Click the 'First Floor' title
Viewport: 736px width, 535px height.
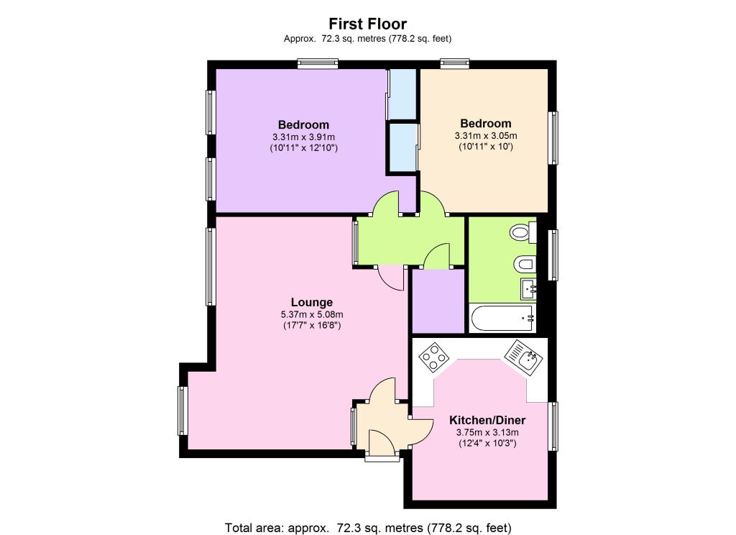point(368,24)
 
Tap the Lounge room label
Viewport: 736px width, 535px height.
point(311,302)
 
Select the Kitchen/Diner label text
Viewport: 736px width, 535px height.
point(487,420)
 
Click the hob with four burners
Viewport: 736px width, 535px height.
point(434,356)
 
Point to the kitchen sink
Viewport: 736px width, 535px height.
point(522,357)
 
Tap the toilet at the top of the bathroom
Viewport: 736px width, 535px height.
point(523,233)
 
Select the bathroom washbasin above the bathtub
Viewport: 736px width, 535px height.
point(528,291)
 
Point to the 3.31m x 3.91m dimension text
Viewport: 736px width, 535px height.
point(303,137)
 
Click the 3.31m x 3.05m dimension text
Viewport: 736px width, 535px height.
point(486,135)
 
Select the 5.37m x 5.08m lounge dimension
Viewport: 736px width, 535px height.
point(311,314)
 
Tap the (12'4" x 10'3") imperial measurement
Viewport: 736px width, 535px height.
point(487,444)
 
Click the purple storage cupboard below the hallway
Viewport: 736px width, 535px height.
point(437,301)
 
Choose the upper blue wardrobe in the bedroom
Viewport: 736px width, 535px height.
point(402,93)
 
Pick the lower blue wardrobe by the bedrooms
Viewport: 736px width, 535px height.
point(402,147)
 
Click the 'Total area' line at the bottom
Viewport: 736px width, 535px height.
point(368,527)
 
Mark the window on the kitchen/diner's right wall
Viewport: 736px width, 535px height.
point(554,426)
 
